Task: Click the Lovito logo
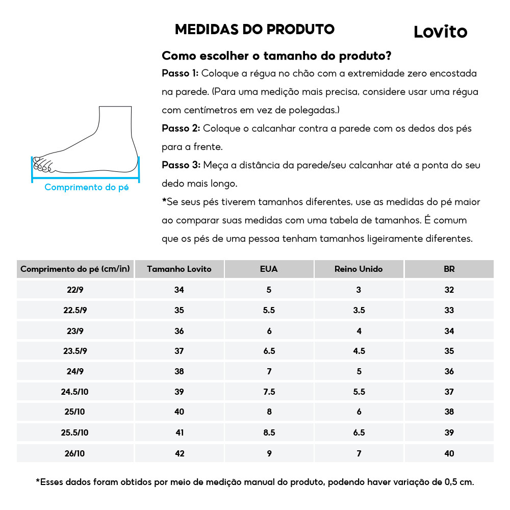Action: click(x=440, y=32)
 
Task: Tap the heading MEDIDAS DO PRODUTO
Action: click(x=254, y=29)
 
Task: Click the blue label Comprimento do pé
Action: click(x=86, y=187)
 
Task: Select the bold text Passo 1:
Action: click(x=180, y=73)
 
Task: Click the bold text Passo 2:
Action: click(x=181, y=128)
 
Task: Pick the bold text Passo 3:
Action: click(x=181, y=165)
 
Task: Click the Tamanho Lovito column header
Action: click(x=179, y=269)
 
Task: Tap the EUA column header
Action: click(x=269, y=269)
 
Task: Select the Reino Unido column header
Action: click(x=359, y=269)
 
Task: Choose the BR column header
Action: click(x=449, y=269)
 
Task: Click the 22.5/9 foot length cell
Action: click(x=75, y=310)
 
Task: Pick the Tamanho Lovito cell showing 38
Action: click(x=179, y=371)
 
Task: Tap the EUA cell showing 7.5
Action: click(x=269, y=392)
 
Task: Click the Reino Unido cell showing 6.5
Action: click(x=359, y=432)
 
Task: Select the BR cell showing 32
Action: click(x=449, y=290)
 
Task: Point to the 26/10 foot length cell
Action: click(x=75, y=453)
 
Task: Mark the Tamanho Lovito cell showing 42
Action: click(x=179, y=453)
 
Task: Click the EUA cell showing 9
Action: click(x=269, y=453)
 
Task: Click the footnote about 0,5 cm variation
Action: click(x=255, y=481)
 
